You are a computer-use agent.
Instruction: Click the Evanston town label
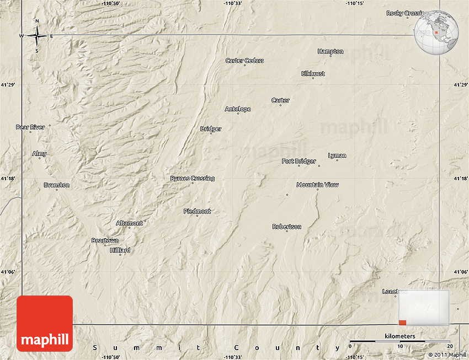(x=56, y=185)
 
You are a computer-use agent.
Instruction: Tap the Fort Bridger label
(x=299, y=162)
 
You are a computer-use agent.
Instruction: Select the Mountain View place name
(x=317, y=185)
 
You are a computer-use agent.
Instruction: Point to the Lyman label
(x=337, y=155)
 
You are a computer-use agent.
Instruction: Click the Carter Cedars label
(x=244, y=61)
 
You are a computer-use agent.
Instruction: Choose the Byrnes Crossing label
(x=192, y=179)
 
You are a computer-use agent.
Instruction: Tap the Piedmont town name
(x=197, y=211)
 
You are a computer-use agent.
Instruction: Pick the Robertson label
(x=287, y=227)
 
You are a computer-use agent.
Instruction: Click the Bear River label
(x=30, y=127)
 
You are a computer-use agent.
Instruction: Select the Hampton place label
(x=331, y=51)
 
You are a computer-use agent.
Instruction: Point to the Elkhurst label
(x=313, y=73)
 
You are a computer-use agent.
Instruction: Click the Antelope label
(x=238, y=109)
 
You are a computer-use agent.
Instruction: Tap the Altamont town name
(x=129, y=223)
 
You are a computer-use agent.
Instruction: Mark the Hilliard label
(x=120, y=250)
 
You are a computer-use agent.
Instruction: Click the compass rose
(x=37, y=36)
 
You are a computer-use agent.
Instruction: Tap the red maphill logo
(x=45, y=324)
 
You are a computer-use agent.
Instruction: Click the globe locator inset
(x=436, y=33)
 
